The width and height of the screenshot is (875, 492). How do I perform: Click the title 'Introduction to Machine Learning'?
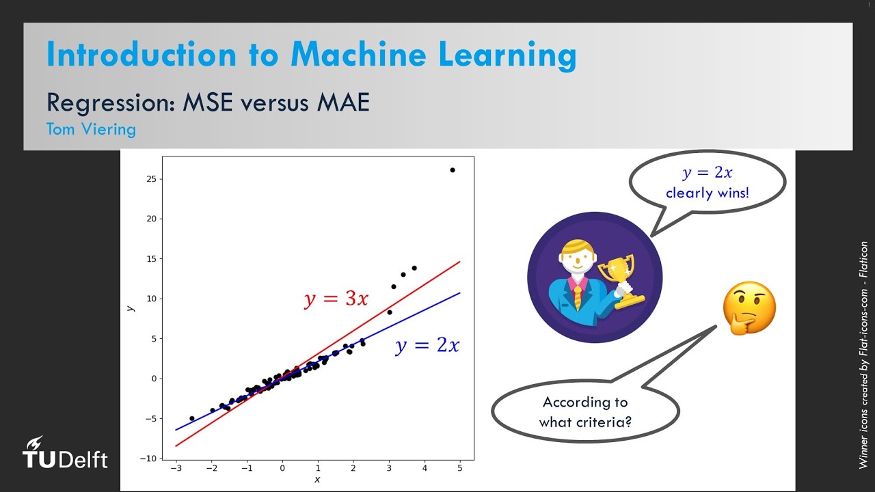coord(311,55)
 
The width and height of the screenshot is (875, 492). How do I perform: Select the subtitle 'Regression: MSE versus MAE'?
coord(208,102)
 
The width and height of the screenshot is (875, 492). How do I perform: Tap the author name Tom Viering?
coord(91,128)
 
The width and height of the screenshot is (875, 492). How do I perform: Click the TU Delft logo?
coord(65,454)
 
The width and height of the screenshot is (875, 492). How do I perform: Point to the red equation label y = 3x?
coord(336,299)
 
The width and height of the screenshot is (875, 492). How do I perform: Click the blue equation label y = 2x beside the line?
coord(427,346)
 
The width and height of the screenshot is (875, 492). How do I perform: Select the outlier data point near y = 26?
coord(452,170)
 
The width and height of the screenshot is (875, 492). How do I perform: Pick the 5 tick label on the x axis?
coord(460,468)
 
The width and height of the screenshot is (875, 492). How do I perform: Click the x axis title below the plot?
coord(317,480)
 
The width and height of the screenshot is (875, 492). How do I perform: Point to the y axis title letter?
coord(130,308)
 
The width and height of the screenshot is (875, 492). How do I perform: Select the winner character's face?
coord(576,259)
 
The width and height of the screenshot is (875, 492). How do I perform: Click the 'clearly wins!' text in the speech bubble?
coord(707,193)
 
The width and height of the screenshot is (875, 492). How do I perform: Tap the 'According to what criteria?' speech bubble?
coord(584,411)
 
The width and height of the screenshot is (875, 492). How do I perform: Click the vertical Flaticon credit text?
coord(864,355)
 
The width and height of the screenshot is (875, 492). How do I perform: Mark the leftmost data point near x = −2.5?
coord(191,418)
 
